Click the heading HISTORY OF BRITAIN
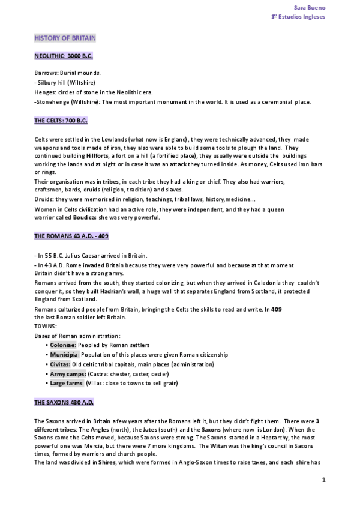click(x=65, y=38)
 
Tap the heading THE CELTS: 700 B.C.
click(x=61, y=121)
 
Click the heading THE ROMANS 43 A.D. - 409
click(x=71, y=236)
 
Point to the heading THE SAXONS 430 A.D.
click(x=64, y=402)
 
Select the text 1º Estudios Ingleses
click(x=298, y=17)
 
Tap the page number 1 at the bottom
click(x=323, y=480)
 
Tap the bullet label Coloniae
click(x=62, y=345)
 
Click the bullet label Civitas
click(x=60, y=364)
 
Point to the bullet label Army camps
click(x=67, y=373)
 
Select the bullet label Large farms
click(x=67, y=383)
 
